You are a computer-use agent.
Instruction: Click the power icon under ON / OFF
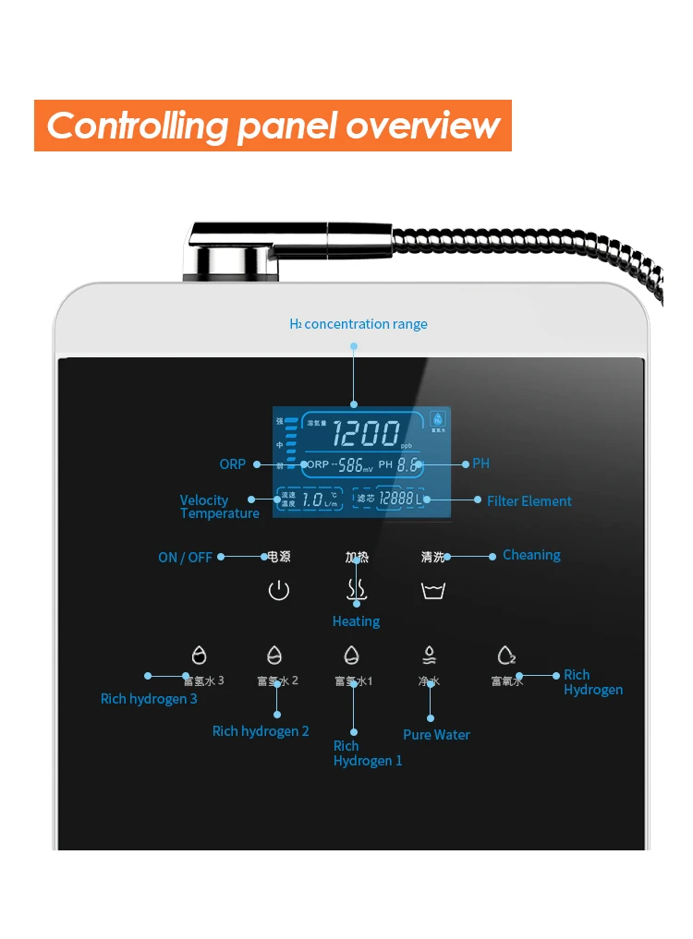click(x=278, y=591)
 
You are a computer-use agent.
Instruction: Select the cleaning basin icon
click(x=433, y=591)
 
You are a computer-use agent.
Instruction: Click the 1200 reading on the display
click(x=366, y=433)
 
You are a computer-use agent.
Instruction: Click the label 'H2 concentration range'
click(x=359, y=324)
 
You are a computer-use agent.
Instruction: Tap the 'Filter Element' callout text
click(x=529, y=501)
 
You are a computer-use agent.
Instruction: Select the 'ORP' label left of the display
click(x=233, y=463)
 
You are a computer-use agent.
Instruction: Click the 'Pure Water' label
click(x=436, y=735)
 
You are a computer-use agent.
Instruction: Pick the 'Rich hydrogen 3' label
click(x=149, y=699)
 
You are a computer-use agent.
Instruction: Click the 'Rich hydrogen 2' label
click(x=261, y=731)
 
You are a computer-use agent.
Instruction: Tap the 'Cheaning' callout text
click(x=531, y=555)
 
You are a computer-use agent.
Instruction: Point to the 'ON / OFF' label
click(x=185, y=558)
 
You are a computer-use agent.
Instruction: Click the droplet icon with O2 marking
click(x=505, y=655)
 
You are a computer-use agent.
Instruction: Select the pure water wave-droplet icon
click(x=430, y=655)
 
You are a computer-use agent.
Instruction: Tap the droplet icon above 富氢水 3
click(x=199, y=655)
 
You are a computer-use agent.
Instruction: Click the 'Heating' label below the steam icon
click(x=356, y=621)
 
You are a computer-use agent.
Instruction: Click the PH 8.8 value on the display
click(x=407, y=465)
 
